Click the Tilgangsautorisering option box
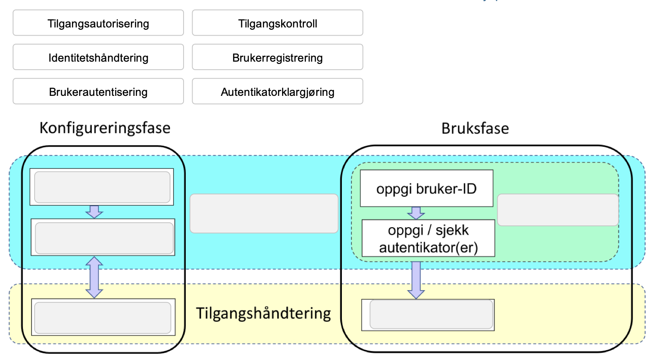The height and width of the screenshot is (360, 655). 98,23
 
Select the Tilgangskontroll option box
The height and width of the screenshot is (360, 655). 278,23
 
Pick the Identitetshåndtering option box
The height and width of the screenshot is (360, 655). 98,57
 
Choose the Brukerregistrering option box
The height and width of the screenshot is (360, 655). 278,57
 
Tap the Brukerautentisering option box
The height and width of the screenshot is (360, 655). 98,92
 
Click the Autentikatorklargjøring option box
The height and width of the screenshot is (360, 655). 278,92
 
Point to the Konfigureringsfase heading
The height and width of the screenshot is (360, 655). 105,128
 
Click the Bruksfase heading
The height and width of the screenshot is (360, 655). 475,128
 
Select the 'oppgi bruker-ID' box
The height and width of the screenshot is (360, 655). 427,188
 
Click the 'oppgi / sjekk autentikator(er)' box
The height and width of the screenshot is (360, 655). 428,238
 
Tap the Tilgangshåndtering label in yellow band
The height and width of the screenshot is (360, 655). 264,313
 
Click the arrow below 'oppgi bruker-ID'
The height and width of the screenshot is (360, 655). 416,213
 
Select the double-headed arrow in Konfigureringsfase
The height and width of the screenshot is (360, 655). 94,277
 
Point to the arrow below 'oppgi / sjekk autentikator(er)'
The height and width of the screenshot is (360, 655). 416,279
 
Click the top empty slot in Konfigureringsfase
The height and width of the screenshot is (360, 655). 102,187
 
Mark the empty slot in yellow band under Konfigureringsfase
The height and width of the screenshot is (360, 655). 102,318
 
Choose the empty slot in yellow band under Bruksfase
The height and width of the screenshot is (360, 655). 431,314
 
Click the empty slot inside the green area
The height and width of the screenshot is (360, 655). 557,210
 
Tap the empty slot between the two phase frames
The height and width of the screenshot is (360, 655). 264,213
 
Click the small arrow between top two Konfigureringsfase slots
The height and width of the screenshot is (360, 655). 94,211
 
